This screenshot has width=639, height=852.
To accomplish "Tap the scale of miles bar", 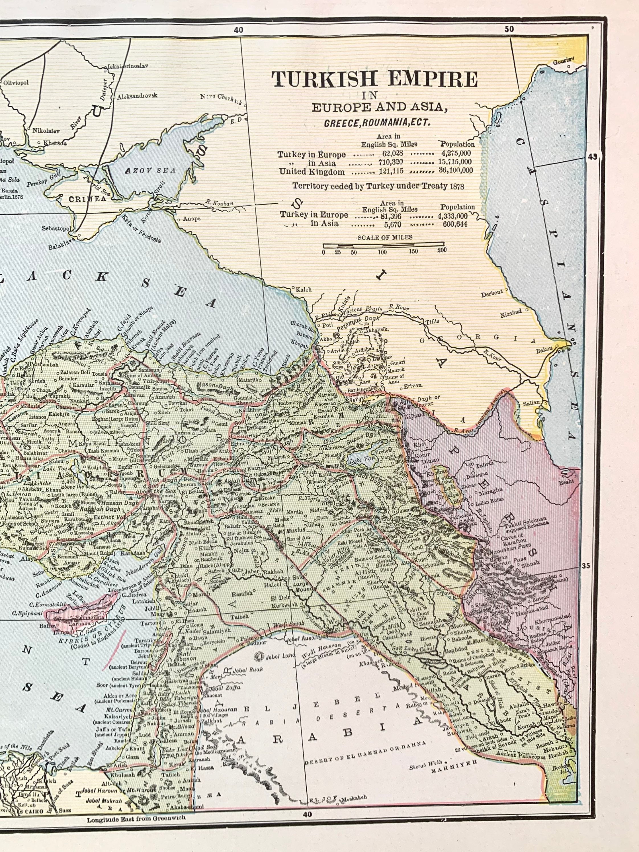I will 383,244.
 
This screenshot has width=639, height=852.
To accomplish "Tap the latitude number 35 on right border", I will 586,566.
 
